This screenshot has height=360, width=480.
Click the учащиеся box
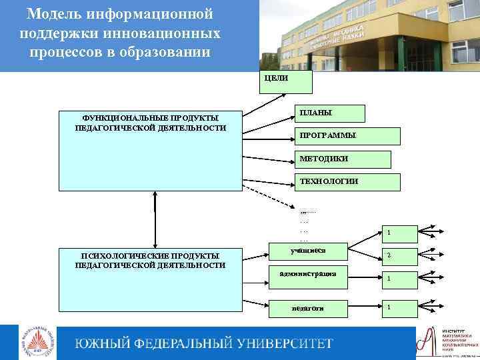click(309, 252)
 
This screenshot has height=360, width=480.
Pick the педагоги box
click(309, 307)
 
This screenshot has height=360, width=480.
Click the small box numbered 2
click(399, 256)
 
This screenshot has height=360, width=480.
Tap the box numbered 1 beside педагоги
click(399, 307)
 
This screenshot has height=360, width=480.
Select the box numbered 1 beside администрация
click(399, 279)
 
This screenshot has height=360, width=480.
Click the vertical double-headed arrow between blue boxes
click(155, 220)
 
